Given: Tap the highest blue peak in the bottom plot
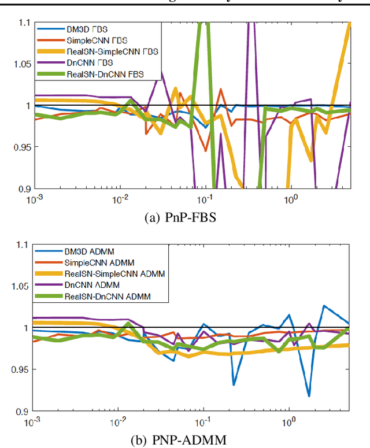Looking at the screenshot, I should (324, 306).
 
